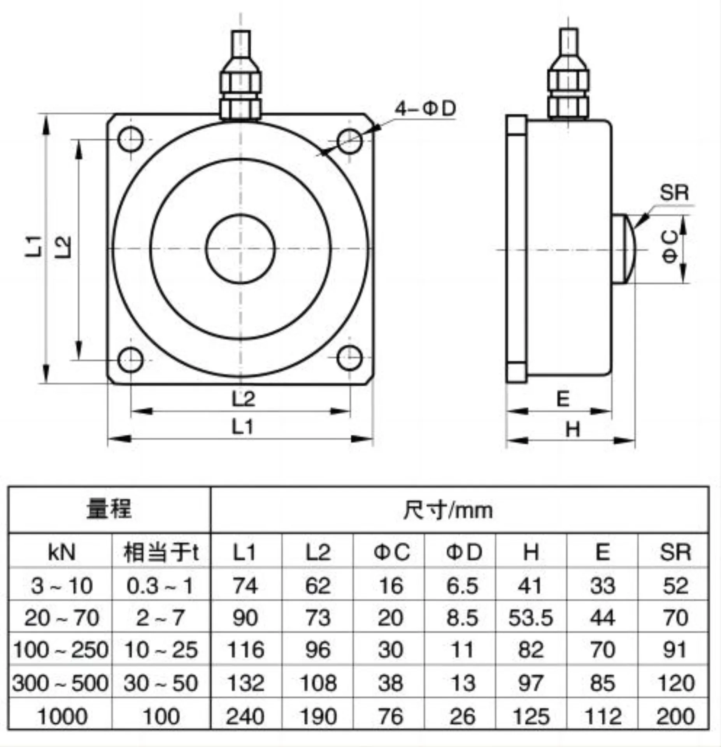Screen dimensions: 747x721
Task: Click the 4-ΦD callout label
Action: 425,109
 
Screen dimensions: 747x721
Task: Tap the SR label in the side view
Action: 674,192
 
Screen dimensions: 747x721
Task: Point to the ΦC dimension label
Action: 670,246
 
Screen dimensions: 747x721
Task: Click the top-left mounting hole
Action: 131,139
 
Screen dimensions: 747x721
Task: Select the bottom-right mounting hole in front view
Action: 349,358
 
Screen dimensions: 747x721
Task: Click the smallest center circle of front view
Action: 240,249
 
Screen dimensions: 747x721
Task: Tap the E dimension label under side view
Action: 563,399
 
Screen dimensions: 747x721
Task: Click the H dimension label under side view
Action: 573,430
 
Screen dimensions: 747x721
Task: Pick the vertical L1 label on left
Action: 34,246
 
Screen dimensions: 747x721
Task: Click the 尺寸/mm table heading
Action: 447,510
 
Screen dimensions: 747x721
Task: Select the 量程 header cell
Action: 109,509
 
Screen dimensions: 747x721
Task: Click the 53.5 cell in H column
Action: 531,618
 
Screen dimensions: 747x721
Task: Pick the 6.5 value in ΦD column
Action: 462,586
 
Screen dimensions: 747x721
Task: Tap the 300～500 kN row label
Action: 60,683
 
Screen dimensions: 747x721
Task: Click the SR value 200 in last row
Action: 675,716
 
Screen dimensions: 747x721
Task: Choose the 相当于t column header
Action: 161,552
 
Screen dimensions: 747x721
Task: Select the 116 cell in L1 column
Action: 245,650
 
